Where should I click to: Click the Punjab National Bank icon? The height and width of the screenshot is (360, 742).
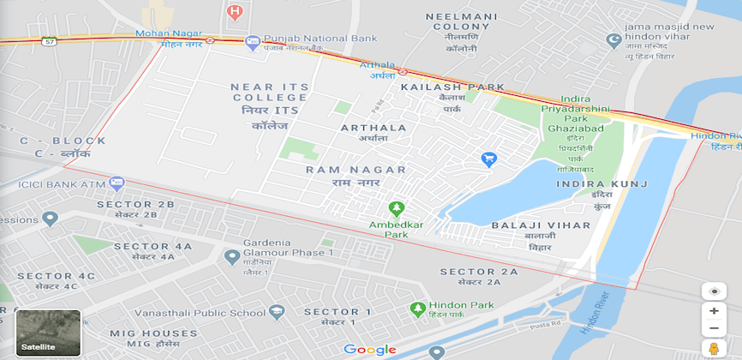[252, 41]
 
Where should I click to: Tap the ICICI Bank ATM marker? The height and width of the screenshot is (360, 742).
[117, 183]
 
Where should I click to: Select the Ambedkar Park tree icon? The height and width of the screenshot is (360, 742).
[396, 208]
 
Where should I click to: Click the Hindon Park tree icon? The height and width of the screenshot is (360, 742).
[417, 308]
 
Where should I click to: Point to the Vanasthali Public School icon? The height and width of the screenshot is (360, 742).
[276, 313]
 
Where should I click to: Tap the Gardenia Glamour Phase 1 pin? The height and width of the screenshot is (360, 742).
[231, 256]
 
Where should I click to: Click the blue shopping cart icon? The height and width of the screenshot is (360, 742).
[489, 159]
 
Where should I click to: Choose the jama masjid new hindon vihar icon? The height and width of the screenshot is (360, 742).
[613, 39]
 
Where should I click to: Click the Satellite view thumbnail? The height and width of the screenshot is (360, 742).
[49, 333]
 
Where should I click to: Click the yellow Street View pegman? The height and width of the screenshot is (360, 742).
[713, 348]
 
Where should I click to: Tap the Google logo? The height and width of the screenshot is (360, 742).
[370, 349]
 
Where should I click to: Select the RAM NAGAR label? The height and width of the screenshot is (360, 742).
[356, 170]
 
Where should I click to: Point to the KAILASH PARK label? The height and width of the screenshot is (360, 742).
[452, 87]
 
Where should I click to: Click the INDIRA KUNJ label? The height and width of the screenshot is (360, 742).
[602, 184]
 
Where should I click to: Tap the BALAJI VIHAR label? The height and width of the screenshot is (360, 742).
[541, 225]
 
